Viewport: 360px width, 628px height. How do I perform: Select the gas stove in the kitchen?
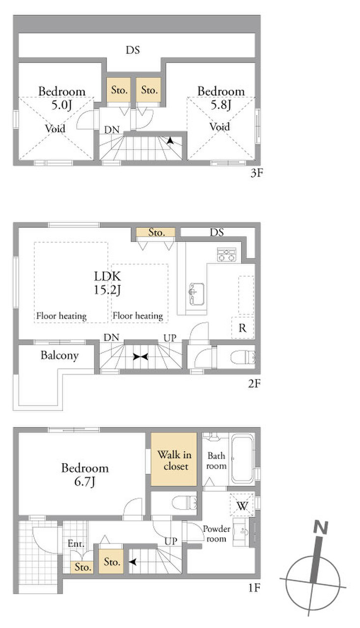[226, 254]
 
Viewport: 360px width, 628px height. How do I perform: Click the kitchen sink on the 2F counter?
[196, 294]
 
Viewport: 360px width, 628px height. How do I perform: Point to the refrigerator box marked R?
[243, 328]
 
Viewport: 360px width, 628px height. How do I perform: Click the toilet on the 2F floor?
[243, 357]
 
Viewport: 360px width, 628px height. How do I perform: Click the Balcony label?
[59, 355]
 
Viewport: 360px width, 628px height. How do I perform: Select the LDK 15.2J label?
[108, 283]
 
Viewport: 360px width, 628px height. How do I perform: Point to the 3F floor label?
[256, 173]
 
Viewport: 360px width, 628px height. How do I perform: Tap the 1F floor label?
[254, 588]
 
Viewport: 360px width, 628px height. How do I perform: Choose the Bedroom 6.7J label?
[85, 475]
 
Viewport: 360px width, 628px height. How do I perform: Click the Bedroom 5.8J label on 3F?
[221, 98]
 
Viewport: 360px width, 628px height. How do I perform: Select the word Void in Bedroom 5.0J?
[55, 129]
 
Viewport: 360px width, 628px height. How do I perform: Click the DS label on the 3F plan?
[133, 50]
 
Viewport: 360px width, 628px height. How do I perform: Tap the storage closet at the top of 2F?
[156, 232]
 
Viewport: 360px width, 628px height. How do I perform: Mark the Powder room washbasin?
[242, 532]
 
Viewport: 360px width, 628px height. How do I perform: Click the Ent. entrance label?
[76, 544]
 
